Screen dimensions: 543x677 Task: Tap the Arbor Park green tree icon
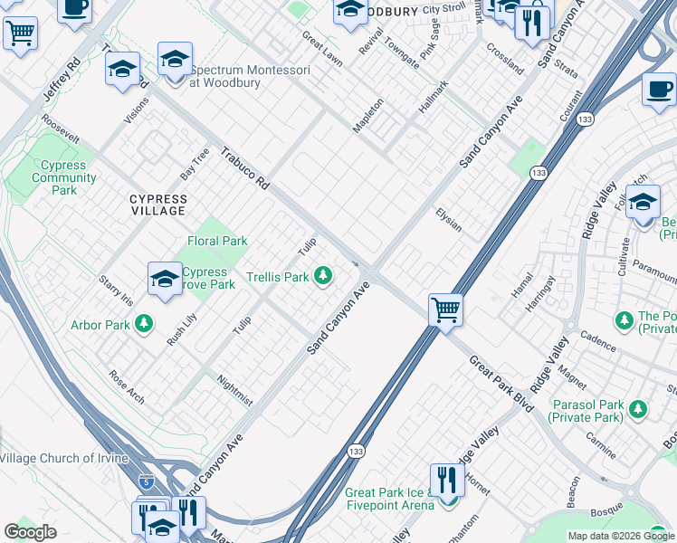point(143,324)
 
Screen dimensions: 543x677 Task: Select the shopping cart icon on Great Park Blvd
point(445,310)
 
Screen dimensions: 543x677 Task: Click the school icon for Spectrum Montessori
point(175,62)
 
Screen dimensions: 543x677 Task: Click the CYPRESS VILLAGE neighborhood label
point(157,205)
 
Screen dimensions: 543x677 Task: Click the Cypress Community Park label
point(64,178)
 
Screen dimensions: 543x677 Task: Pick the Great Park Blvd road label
point(501,384)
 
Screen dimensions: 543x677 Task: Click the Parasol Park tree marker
point(638,410)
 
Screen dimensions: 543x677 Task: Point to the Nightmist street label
point(235,390)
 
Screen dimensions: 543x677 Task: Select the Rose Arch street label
point(126,386)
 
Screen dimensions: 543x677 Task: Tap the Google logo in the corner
point(30,532)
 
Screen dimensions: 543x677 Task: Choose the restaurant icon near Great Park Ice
point(446,481)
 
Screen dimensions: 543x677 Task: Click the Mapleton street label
point(368,115)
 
